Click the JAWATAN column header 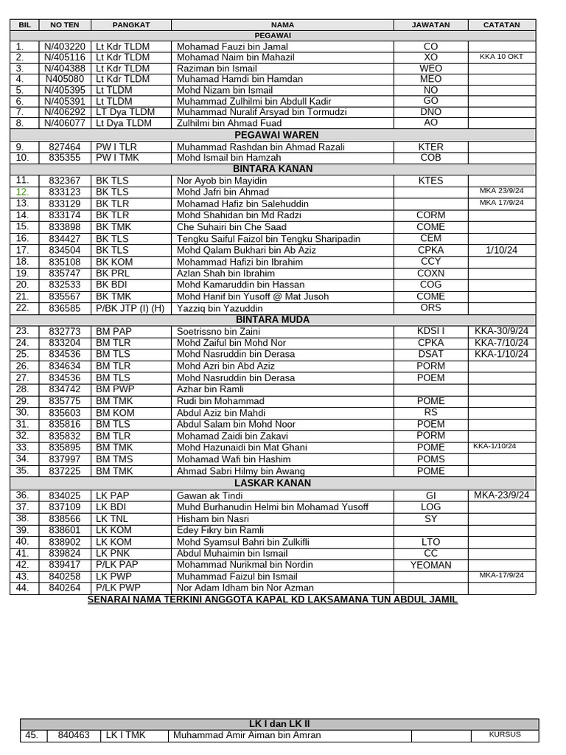pos(430,24)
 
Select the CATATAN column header pos(501,24)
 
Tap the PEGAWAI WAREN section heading pos(276,135)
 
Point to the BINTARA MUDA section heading pos(273,319)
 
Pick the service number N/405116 pos(65,57)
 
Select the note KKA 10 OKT pos(501,56)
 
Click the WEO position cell pos(430,68)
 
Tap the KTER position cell pos(430,147)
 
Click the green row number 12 pos(22,192)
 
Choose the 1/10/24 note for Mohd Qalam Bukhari pos(501,250)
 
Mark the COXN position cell pos(430,273)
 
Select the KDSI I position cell pos(430,331)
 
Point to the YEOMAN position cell pos(430,565)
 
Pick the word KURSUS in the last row pos(505,734)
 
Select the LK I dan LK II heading pos(278,724)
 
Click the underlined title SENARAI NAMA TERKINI pos(273,599)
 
